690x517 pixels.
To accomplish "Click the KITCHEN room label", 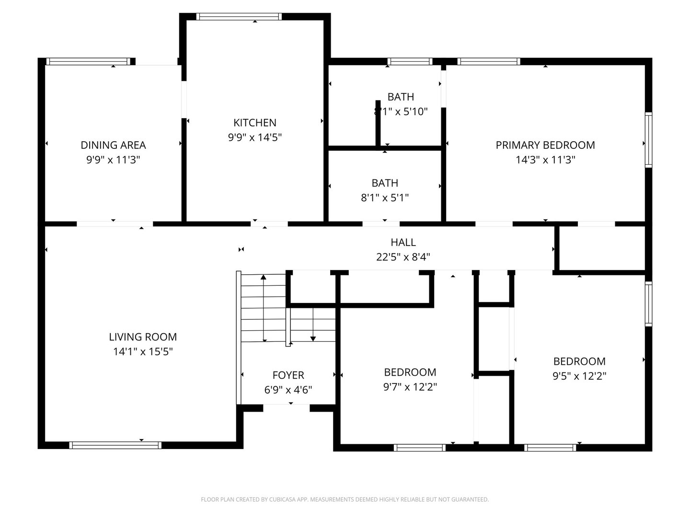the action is point(254,123).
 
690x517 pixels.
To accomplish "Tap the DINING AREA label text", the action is point(113,145).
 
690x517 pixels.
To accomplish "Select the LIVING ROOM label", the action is point(143,337).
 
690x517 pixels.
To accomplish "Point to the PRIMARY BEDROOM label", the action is point(545,145).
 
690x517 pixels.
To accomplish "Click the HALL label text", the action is point(403,242).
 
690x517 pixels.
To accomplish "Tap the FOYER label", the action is point(288,375).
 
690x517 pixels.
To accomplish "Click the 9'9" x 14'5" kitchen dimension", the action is point(254,137).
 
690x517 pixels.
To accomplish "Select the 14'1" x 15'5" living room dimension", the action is point(143,351).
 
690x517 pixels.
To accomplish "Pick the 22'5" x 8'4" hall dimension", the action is point(403,257).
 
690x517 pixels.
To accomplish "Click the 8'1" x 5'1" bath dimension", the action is point(384,198).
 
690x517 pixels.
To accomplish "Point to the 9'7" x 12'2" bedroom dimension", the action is point(410,387).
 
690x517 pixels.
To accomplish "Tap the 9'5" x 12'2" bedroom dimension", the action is point(579,376).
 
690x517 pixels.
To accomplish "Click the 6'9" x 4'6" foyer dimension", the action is point(288,390).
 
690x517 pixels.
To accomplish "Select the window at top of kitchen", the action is point(239,17).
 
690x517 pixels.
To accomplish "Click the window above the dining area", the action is point(88,62).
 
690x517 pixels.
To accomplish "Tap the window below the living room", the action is point(115,445).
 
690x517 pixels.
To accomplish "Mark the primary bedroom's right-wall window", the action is point(648,140).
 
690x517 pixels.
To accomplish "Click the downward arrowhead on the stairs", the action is point(313,339).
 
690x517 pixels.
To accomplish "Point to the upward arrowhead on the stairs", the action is point(264,277).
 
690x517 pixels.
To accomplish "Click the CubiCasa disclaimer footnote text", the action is point(345,499).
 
